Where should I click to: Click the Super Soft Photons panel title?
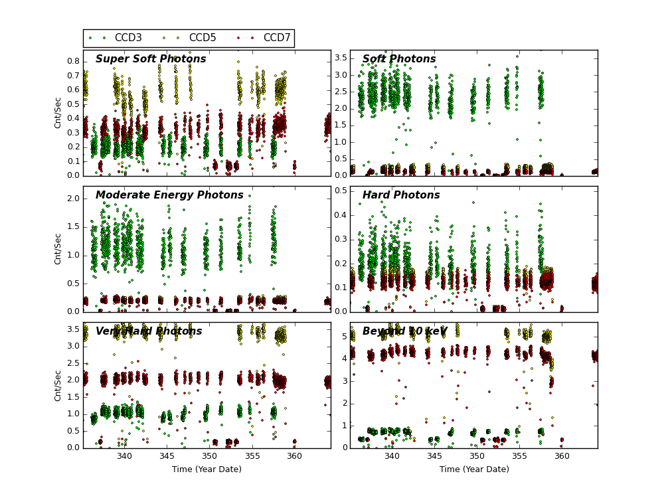[x=151, y=59]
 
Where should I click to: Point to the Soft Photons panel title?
[x=399, y=59]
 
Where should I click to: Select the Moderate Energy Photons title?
[x=169, y=195]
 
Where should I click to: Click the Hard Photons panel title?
[x=401, y=195]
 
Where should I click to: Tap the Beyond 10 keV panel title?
[x=404, y=331]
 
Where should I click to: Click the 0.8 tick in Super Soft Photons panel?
[x=72, y=61]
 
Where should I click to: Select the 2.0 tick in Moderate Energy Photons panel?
[x=72, y=199]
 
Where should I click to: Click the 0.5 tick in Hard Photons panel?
[x=340, y=191]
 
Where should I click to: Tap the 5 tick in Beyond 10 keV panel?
[x=343, y=336]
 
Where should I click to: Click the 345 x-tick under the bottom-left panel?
[x=167, y=456]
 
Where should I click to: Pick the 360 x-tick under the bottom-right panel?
[x=562, y=456]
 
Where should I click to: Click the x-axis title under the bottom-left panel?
[x=207, y=469]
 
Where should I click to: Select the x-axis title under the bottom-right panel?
[x=474, y=469]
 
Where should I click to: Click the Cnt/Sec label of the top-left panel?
[x=58, y=113]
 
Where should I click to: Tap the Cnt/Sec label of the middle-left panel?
[x=58, y=249]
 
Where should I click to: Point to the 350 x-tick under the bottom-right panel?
[x=477, y=456]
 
